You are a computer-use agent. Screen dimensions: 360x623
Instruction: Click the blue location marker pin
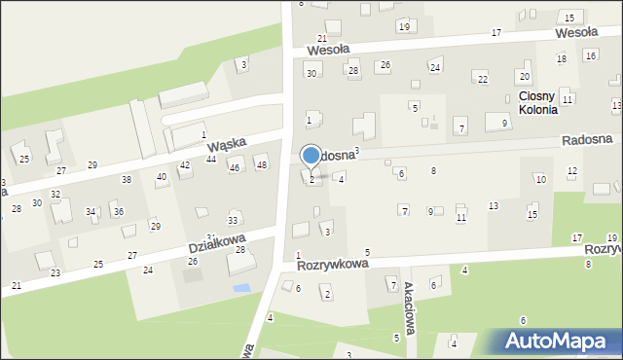click(311, 156)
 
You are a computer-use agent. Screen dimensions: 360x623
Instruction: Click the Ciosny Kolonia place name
click(537, 103)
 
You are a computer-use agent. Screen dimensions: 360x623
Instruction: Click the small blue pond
click(240, 287)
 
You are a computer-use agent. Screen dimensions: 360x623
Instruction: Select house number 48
click(261, 164)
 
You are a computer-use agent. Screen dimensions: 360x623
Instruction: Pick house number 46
click(234, 168)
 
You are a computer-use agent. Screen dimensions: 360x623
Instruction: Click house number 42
click(184, 165)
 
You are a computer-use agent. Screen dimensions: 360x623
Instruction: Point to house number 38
click(126, 180)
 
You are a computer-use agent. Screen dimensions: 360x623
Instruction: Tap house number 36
click(118, 211)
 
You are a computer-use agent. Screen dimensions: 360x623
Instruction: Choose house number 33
click(233, 221)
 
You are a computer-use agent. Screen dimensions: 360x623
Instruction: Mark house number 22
click(481, 78)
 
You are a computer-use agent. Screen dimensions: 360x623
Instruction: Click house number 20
click(524, 76)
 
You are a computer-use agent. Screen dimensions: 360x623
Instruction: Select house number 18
click(561, 59)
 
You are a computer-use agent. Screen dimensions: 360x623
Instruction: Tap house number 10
click(540, 179)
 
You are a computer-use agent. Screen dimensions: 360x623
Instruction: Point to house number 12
click(571, 171)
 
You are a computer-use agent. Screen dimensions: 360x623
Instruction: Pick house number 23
click(55, 273)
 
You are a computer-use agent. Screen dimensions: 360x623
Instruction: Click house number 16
click(590, 55)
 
